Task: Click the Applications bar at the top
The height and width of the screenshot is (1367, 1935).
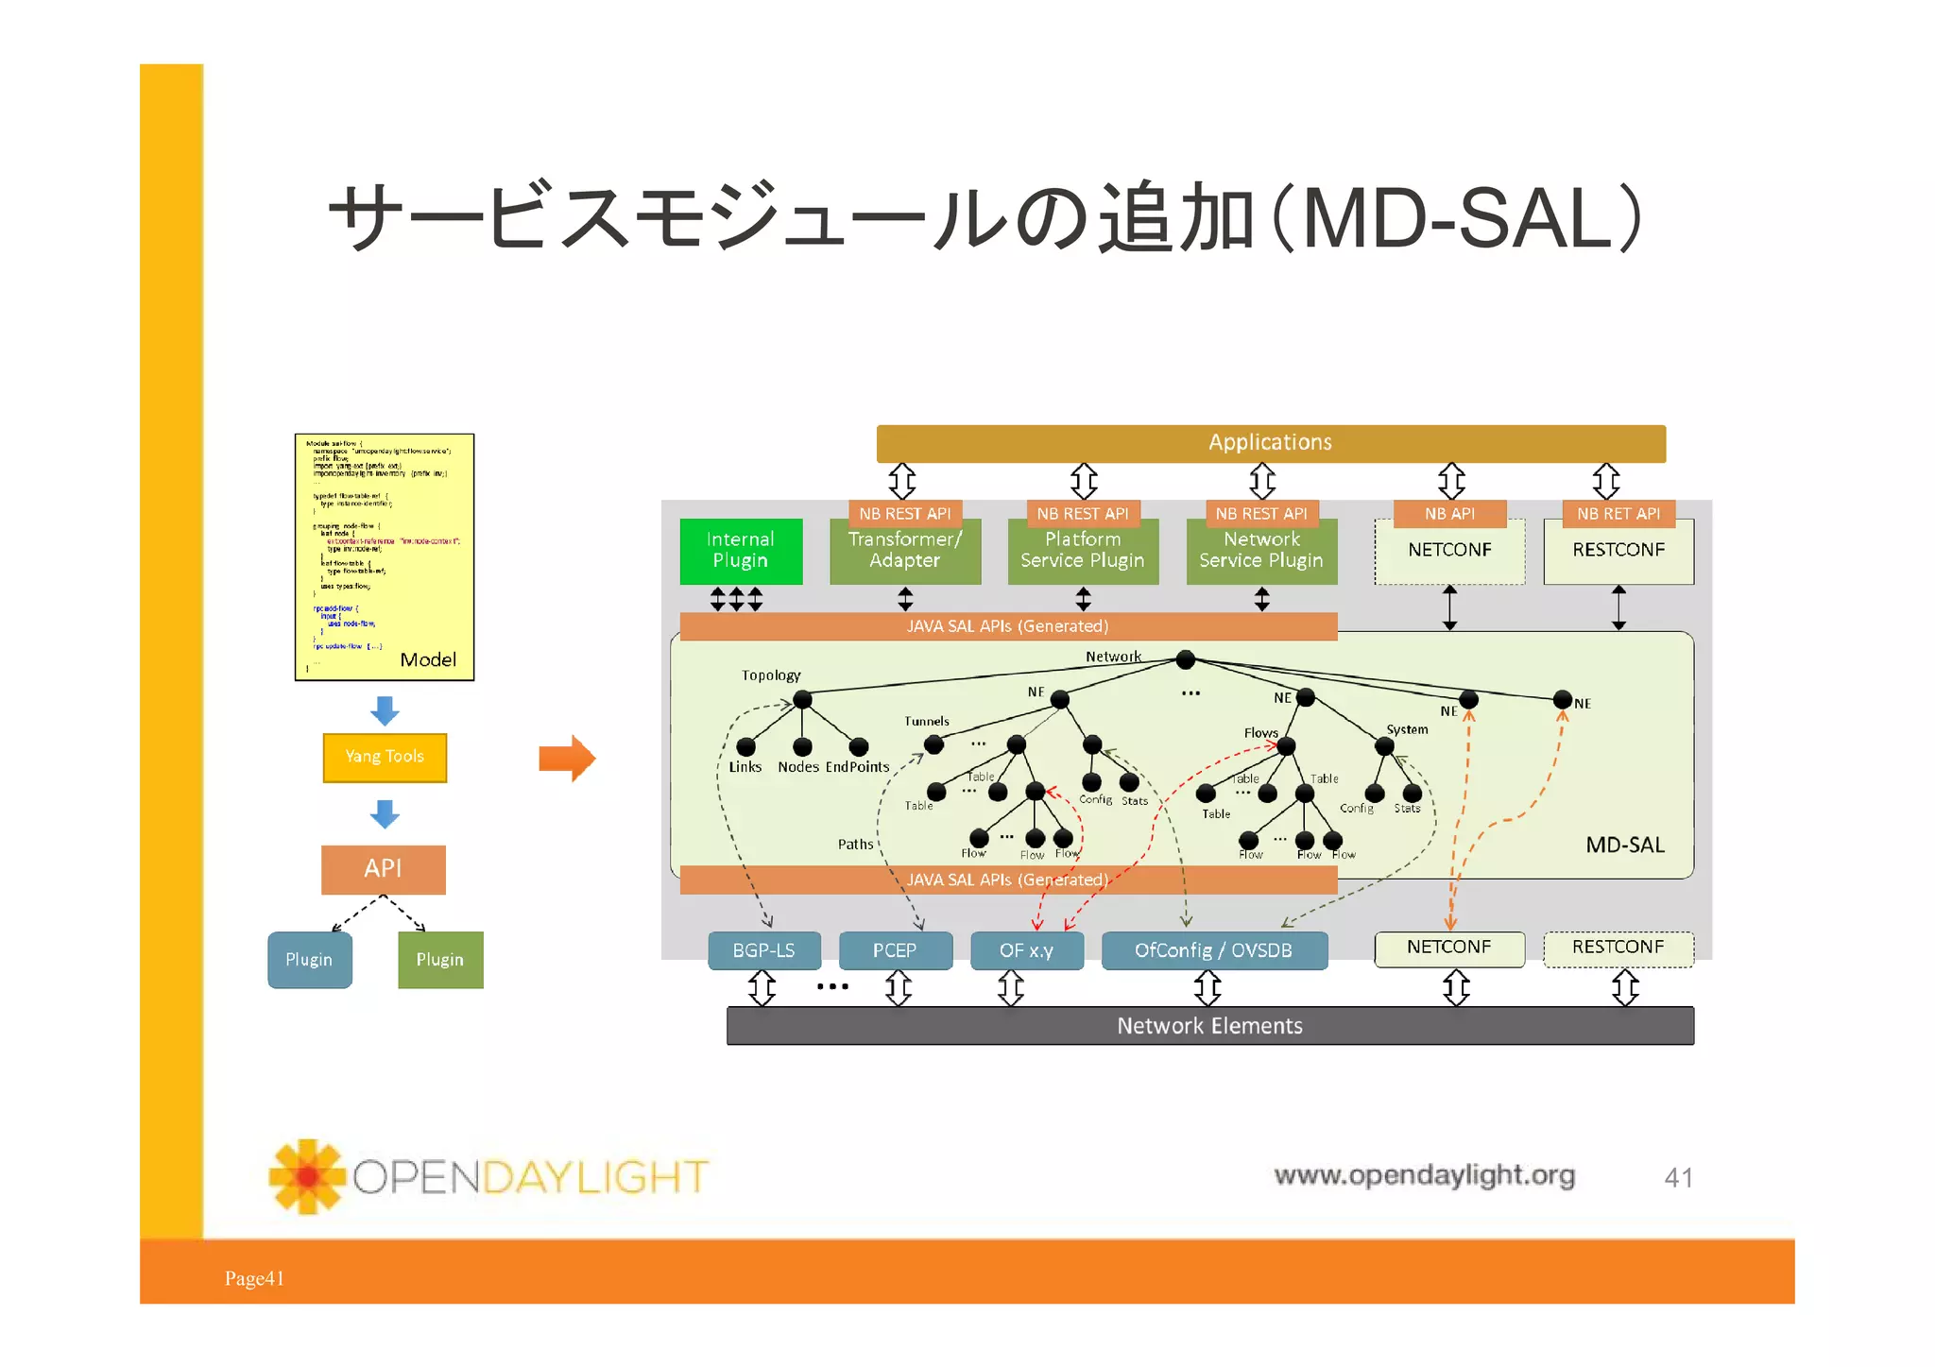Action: pyautogui.click(x=1270, y=443)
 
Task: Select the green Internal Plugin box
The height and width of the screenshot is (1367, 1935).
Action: pyautogui.click(x=741, y=551)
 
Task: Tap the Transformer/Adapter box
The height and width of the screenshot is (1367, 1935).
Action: pyautogui.click(x=904, y=552)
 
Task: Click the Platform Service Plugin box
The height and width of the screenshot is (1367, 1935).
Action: pyautogui.click(x=1083, y=552)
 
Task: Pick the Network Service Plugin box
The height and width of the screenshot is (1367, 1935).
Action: pyautogui.click(x=1261, y=552)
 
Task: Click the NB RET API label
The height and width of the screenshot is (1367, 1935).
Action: pyautogui.click(x=1618, y=514)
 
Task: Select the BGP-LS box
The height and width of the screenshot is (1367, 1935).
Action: pyautogui.click(x=763, y=950)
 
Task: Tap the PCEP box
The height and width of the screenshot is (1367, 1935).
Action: pyautogui.click(x=895, y=950)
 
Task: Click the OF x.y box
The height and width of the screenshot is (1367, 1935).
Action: pyautogui.click(x=1026, y=950)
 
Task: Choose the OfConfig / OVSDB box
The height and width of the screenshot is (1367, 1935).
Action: pyautogui.click(x=1213, y=950)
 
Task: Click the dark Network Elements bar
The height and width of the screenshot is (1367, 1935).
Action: pyautogui.click(x=1209, y=1026)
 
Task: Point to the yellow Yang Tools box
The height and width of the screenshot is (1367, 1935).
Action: pyautogui.click(x=385, y=757)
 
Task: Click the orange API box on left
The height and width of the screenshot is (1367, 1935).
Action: pyautogui.click(x=383, y=869)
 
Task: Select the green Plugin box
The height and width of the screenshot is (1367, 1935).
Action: pyautogui.click(x=440, y=960)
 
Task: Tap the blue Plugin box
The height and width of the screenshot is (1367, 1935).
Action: pyautogui.click(x=309, y=960)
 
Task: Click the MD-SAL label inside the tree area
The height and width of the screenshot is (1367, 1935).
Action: pyautogui.click(x=1624, y=845)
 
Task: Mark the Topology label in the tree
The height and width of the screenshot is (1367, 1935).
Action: pyautogui.click(x=770, y=675)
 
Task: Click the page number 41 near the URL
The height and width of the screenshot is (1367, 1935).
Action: pyautogui.click(x=1678, y=1178)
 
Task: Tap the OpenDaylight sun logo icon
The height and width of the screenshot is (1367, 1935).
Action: pyautogui.click(x=306, y=1176)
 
